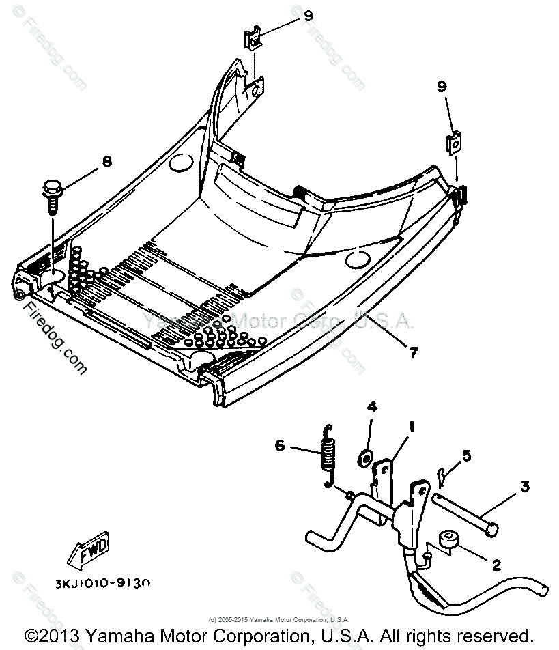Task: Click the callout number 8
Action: [x=106, y=161]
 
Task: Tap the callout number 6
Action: [x=280, y=447]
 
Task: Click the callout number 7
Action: [x=414, y=352]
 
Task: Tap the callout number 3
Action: [x=524, y=487]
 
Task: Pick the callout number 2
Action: [x=496, y=564]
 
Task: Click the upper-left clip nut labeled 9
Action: [x=253, y=42]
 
